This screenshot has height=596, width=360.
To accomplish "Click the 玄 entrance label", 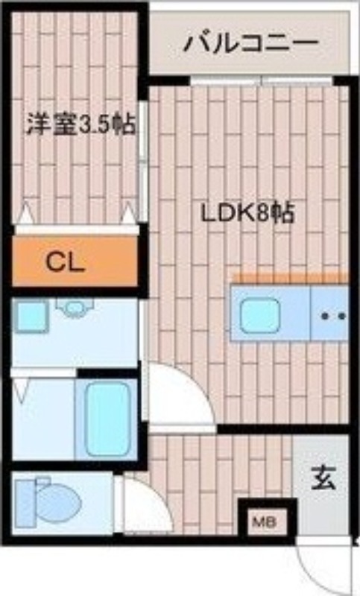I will click(323, 477).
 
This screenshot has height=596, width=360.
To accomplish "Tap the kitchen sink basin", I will click(259, 315).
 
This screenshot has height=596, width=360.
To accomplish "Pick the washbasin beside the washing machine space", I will click(73, 307).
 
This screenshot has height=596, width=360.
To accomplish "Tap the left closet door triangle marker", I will click(25, 214).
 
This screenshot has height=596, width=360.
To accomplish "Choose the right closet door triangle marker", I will click(129, 215).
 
